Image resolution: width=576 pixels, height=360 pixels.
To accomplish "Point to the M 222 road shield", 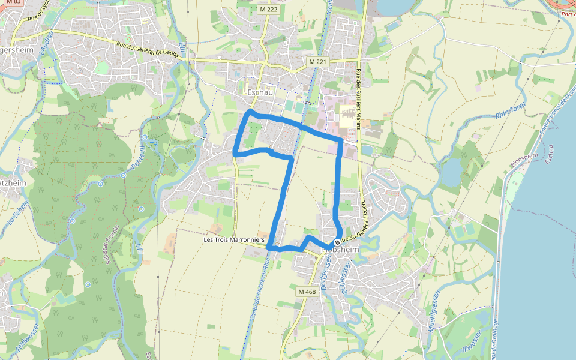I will pyautogui.click(x=268, y=10).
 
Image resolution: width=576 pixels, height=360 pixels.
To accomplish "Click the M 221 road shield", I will pyautogui.click(x=319, y=62).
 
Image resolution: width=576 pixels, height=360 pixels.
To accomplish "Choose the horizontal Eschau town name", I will pyautogui.click(x=260, y=93).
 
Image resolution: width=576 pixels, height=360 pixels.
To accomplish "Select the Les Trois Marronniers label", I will pyautogui.click(x=234, y=239).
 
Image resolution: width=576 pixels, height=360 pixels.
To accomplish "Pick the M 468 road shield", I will pyautogui.click(x=307, y=292).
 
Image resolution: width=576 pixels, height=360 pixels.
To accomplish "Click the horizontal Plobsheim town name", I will pyautogui.click(x=341, y=250).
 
